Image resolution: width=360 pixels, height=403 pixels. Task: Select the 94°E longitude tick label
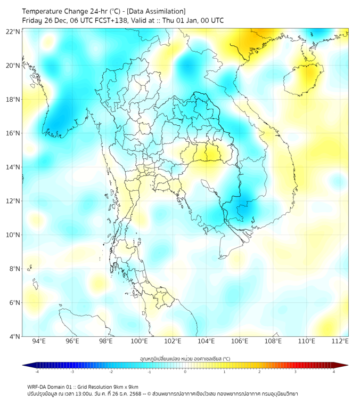(39, 341)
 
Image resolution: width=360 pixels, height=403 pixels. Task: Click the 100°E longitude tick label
(139, 341)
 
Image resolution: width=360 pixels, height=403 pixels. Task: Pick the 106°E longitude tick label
(240, 341)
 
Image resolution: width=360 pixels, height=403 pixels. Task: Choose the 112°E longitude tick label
(340, 341)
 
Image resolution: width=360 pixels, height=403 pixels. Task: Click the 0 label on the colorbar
(185, 372)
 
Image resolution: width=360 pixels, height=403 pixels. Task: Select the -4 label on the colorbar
(36, 372)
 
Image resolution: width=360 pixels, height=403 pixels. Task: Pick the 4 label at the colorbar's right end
(334, 372)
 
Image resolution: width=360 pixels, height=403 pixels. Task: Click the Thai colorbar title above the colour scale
(185, 359)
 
